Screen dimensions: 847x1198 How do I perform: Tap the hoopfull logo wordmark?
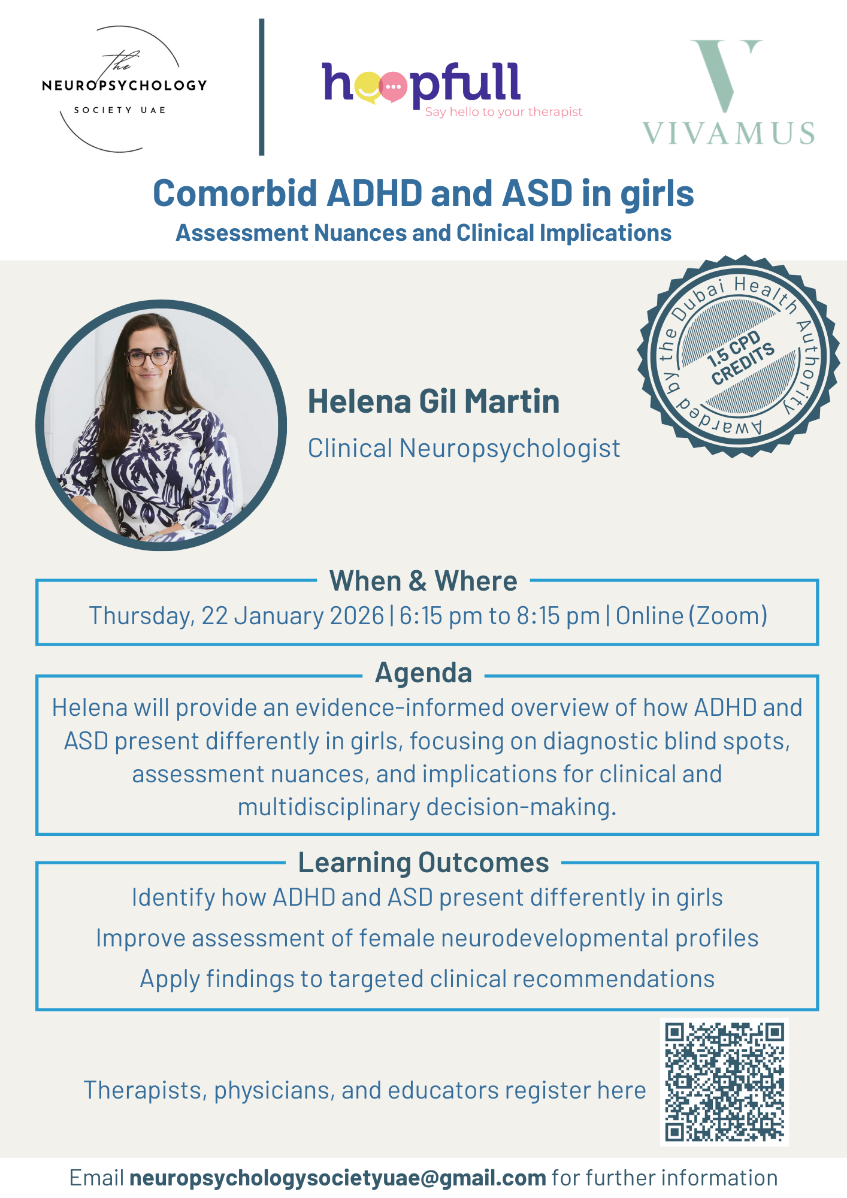(421, 84)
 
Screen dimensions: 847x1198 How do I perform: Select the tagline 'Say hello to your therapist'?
(504, 112)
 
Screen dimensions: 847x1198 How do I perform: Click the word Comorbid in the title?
(235, 194)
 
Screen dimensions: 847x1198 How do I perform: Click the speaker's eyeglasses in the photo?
(149, 358)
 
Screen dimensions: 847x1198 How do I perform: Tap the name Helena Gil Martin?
(434, 401)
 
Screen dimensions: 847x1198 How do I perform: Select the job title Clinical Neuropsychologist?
(464, 449)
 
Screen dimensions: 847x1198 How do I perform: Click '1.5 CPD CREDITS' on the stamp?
(740, 358)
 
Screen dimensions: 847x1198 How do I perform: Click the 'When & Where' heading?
(423, 580)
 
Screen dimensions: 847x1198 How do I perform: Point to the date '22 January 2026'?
(293, 616)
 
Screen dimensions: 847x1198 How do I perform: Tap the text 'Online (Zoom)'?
(692, 616)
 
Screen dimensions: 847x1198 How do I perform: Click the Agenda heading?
(423, 673)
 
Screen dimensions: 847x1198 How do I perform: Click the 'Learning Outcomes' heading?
(423, 863)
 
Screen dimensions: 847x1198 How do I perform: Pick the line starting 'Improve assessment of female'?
(427, 939)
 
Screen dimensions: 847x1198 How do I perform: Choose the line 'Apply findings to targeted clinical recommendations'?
(427, 979)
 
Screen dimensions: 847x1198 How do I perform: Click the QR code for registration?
(724, 1082)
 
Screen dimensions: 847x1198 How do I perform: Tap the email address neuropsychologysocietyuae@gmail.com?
(338, 1178)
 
